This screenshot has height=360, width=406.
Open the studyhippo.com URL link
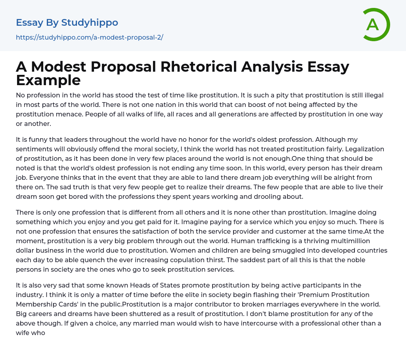pos(90,37)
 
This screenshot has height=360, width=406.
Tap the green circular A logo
pos(373,25)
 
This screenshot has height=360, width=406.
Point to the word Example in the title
pos(48,80)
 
